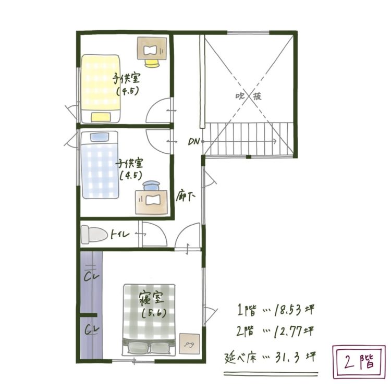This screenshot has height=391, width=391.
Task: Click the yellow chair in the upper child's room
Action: click(x=152, y=63)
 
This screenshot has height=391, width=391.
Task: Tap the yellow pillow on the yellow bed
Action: click(x=101, y=117)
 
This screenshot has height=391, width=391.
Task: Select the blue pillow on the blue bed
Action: click(x=100, y=137)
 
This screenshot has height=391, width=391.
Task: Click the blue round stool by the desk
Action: click(x=151, y=186)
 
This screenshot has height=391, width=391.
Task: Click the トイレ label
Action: click(x=120, y=235)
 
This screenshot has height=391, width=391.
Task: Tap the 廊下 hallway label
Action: click(x=185, y=197)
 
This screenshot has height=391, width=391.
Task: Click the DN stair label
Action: click(x=194, y=142)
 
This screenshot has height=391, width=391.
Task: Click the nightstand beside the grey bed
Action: click(x=190, y=344)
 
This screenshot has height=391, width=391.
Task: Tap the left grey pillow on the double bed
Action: click(x=138, y=347)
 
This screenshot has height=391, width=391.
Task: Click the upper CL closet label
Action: click(x=92, y=276)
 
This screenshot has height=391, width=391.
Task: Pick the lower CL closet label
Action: click(x=92, y=330)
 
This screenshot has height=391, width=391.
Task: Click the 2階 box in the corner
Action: click(x=359, y=362)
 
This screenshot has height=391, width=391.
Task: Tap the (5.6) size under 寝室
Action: click(x=154, y=313)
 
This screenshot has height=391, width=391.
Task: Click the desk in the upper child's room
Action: click(x=152, y=48)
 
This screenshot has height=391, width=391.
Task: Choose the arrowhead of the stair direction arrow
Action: click(x=275, y=141)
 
